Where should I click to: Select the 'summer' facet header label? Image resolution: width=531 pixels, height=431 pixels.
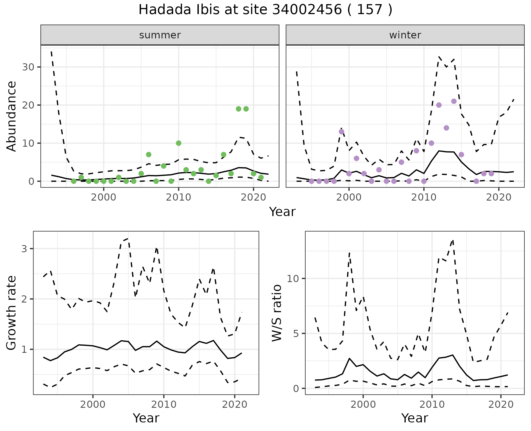(160, 35)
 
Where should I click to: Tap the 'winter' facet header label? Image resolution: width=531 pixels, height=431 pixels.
(405, 35)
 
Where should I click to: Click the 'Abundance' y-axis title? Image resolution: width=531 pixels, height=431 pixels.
(12, 116)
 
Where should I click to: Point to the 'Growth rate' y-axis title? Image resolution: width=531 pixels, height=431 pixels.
(12, 313)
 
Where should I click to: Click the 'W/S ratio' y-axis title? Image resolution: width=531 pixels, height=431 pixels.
(277, 313)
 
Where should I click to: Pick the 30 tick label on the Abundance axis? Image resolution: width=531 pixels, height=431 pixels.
(28, 67)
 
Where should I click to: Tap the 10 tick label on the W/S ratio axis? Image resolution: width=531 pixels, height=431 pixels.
(293, 278)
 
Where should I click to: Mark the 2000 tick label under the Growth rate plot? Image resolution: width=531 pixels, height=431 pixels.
(93, 404)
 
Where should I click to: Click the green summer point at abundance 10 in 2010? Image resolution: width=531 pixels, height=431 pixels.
(178, 143)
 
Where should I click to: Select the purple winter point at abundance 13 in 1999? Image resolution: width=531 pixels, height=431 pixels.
(342, 132)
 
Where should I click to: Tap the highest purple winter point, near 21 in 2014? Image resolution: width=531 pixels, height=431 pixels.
(454, 101)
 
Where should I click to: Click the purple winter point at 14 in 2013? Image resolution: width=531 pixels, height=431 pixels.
(446, 128)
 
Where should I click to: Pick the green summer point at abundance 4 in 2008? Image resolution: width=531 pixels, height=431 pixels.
(163, 166)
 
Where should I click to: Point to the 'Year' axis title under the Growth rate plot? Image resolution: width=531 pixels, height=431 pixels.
(146, 418)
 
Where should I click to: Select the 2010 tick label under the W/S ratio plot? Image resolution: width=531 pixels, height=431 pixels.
(432, 404)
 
